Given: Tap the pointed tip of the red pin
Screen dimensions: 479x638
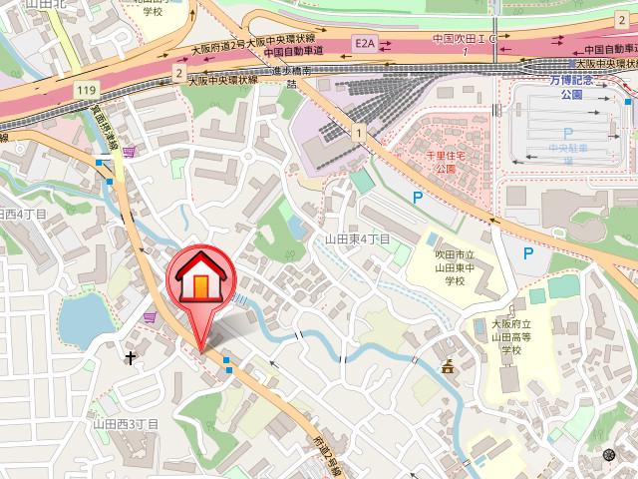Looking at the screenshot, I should [x=202, y=350].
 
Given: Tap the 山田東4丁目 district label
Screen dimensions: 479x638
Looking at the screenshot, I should [x=357, y=239].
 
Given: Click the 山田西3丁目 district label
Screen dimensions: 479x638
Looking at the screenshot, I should [x=125, y=423].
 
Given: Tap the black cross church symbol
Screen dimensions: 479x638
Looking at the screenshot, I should [x=131, y=356].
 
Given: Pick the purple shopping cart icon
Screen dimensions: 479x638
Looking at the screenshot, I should [x=150, y=317].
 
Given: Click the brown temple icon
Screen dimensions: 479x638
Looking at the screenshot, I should [x=449, y=368].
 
